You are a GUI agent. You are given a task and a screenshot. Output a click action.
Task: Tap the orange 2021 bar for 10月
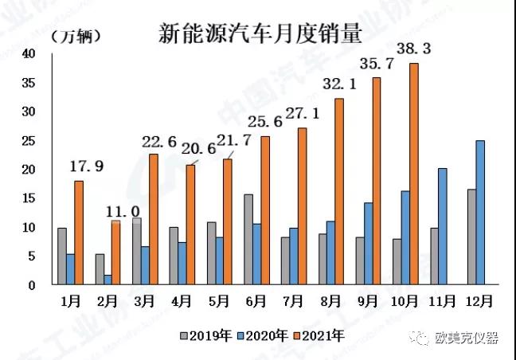click(x=414, y=174)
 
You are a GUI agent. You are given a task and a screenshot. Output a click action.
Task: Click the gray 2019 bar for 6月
click(x=248, y=239)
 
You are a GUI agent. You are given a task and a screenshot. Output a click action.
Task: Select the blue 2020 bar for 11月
click(x=442, y=226)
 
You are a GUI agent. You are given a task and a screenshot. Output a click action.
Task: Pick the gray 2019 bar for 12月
click(x=471, y=237)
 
